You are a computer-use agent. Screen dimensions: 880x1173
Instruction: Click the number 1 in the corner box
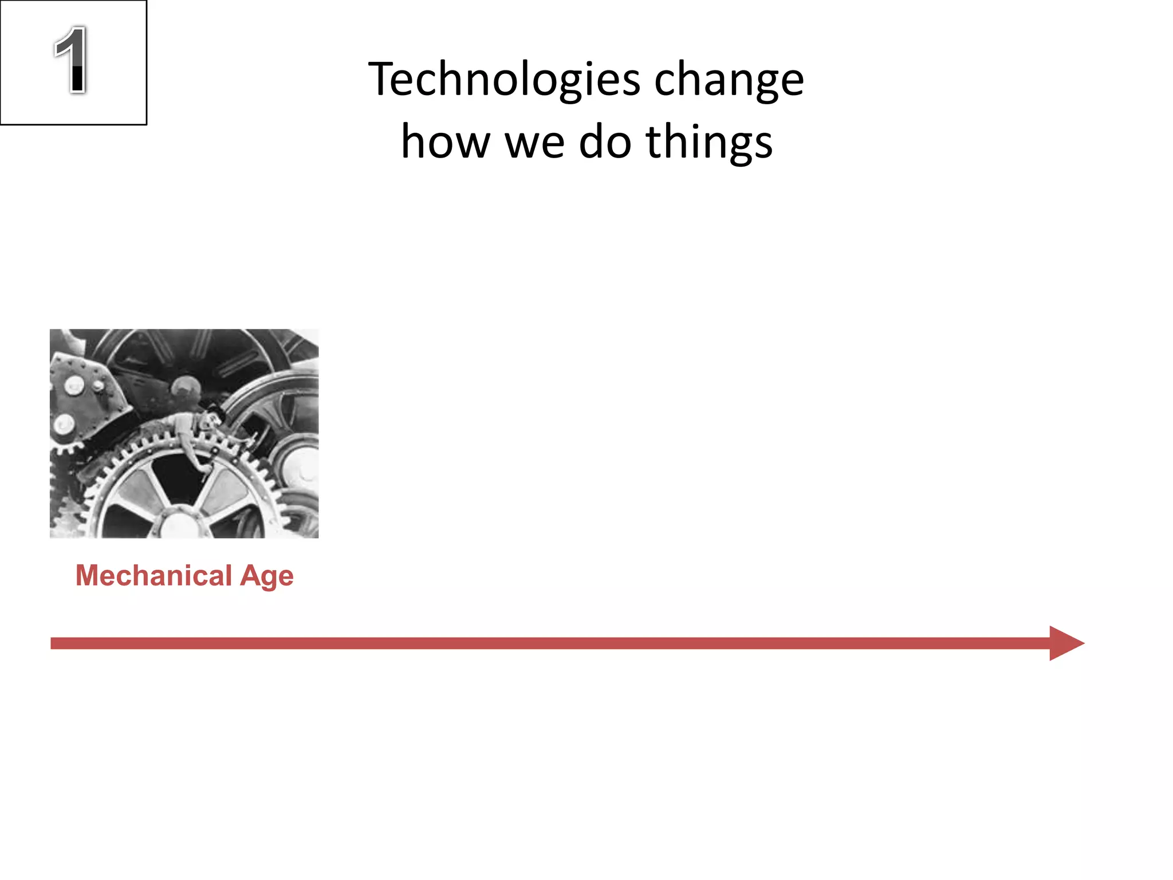point(71,60)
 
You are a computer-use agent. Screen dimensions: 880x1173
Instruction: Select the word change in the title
point(729,80)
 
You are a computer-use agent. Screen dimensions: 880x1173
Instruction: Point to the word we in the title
point(534,143)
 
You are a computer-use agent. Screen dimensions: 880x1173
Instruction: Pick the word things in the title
point(709,143)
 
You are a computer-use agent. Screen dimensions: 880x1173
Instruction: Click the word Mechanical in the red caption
point(153,575)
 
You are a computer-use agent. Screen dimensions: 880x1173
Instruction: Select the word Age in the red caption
point(267,576)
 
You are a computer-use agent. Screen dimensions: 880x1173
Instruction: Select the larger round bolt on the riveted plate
point(73,385)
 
